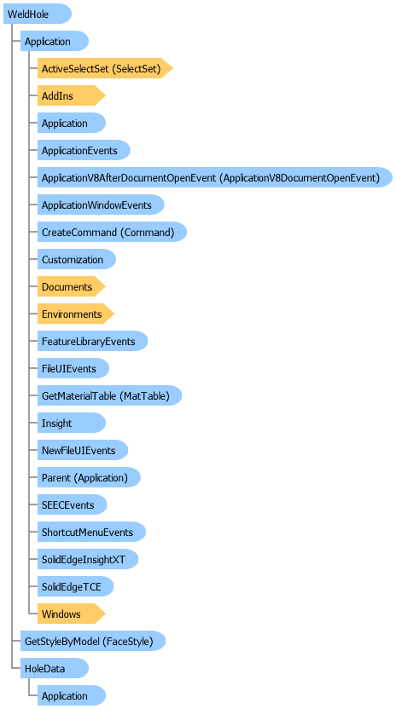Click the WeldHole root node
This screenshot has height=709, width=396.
pyautogui.click(x=38, y=14)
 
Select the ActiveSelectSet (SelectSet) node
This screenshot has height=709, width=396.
pyautogui.click(x=105, y=69)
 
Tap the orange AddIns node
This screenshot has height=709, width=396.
pyautogui.click(x=71, y=95)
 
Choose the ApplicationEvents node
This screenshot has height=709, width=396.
pyautogui.click(x=84, y=150)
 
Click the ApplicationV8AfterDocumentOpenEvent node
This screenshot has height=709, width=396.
pyautogui.click(x=215, y=178)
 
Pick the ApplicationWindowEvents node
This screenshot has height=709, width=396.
pyautogui.click(x=101, y=205)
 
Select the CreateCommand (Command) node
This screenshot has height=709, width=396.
pyautogui.click(x=112, y=232)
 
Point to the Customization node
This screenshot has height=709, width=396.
pyautogui.click(x=77, y=260)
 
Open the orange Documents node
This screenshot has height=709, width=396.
pyautogui.click(x=71, y=286)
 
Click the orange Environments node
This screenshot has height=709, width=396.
pyautogui.click(x=76, y=314)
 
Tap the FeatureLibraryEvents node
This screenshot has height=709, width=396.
pyautogui.click(x=92, y=342)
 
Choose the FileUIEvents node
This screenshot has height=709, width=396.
pyautogui.click(x=73, y=368)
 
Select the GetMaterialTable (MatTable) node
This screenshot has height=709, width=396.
pyautogui.click(x=109, y=395)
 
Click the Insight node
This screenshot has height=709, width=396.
pyautogui.click(x=71, y=424)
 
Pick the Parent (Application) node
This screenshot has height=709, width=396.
pyautogui.click(x=89, y=477)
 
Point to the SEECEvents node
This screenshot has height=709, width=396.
pyautogui.click(x=72, y=504)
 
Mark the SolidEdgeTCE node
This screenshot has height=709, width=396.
pyautogui.click(x=75, y=586)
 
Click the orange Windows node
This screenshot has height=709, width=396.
pyautogui.click(x=71, y=614)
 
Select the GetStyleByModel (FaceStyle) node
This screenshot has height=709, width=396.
pyautogui.click(x=93, y=641)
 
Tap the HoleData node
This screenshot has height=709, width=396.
pyautogui.click(x=55, y=668)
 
